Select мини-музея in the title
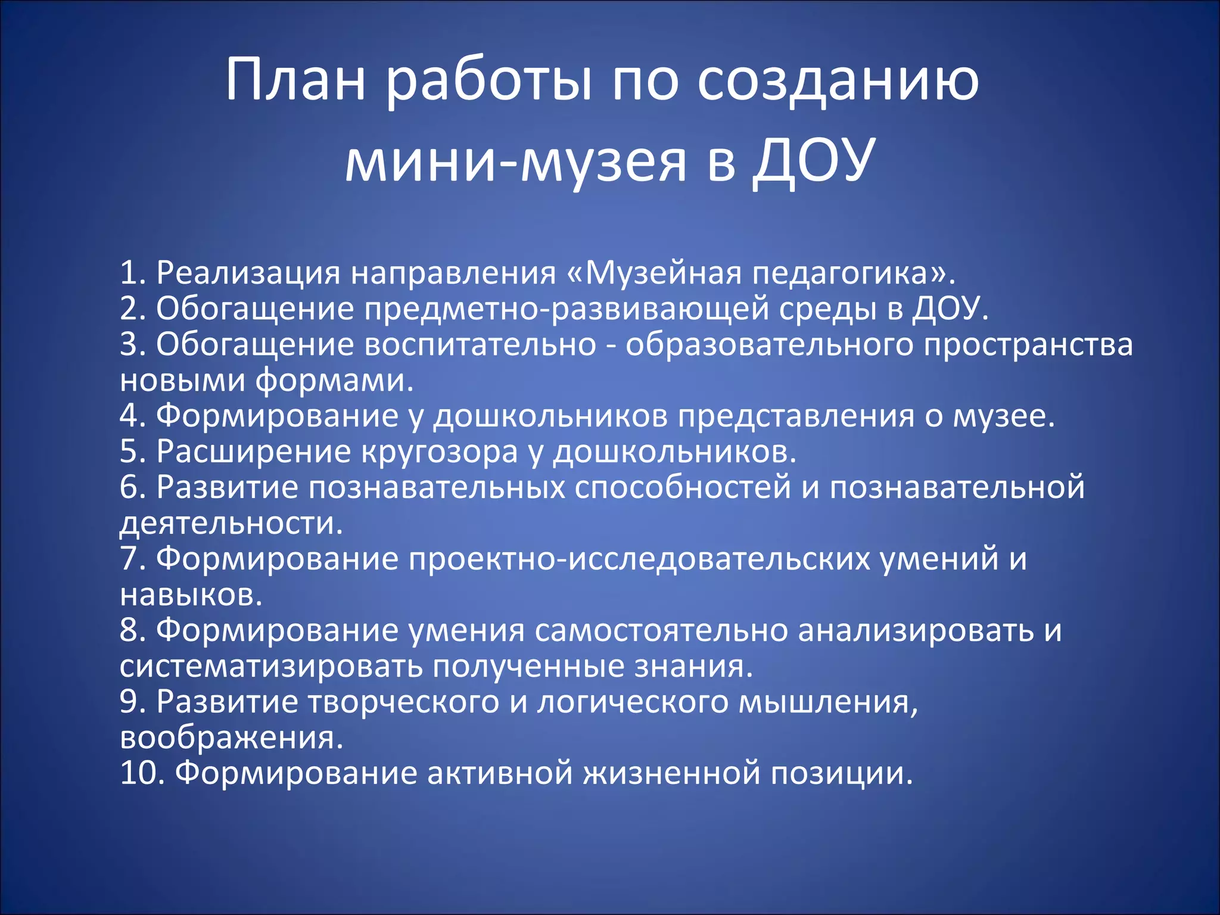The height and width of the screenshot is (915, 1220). click(x=516, y=161)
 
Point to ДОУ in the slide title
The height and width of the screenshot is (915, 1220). click(x=814, y=161)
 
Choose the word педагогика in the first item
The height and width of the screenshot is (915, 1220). click(x=841, y=273)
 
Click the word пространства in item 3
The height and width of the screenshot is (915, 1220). click(x=1028, y=344)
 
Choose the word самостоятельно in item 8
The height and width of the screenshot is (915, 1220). click(x=661, y=630)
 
